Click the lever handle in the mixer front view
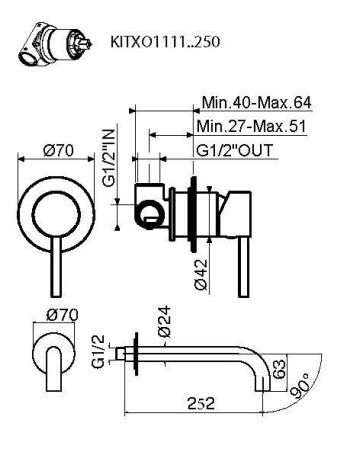[x=48, y=239]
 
